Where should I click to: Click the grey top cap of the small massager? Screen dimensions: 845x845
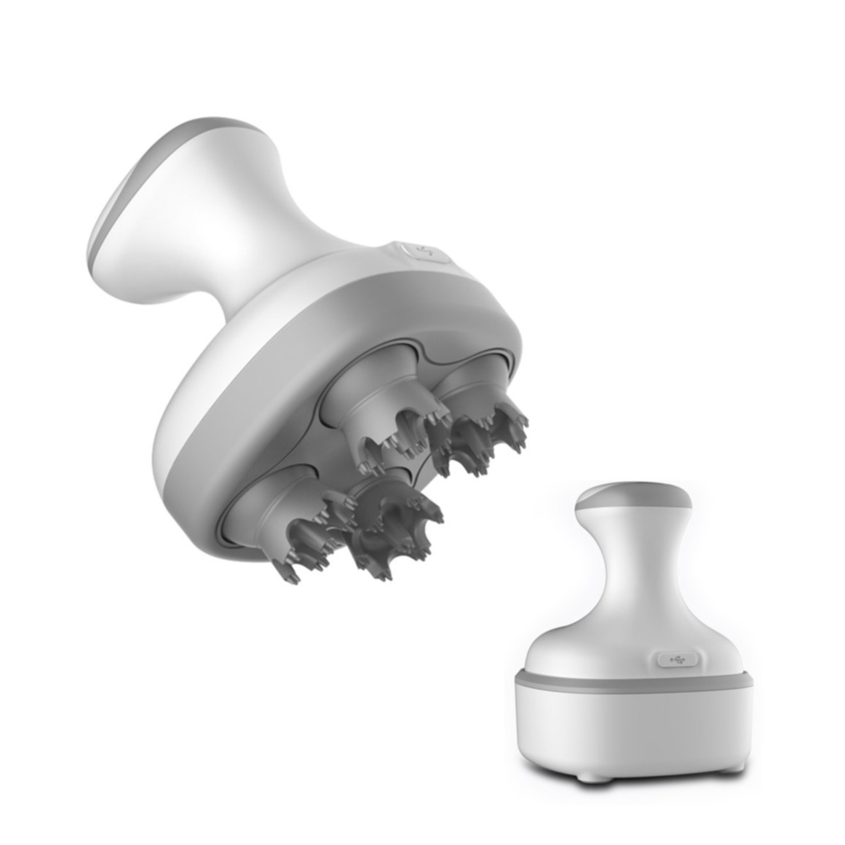tap(633, 495)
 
